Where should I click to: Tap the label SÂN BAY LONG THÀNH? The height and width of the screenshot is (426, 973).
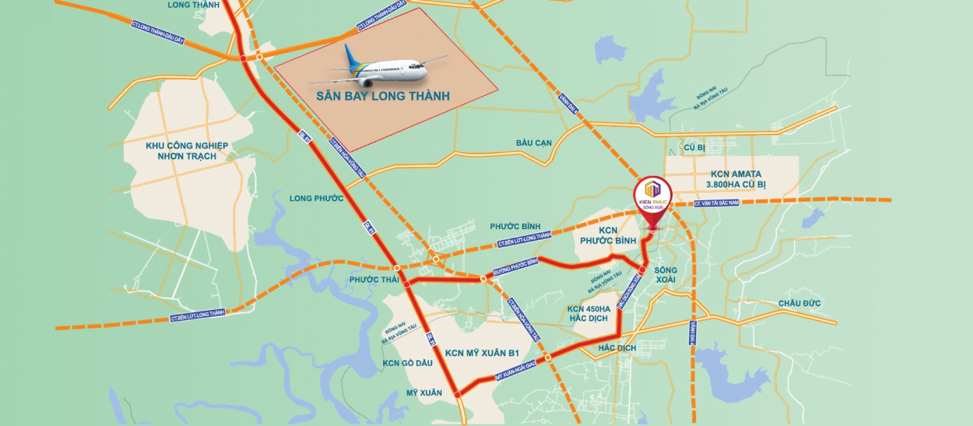coord(383,96)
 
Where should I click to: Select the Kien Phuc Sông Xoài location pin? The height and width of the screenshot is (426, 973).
coord(652,198)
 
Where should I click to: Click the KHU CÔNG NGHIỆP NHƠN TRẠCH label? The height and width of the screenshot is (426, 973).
coord(186,151)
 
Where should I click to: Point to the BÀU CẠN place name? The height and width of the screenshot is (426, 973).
coord(534,143)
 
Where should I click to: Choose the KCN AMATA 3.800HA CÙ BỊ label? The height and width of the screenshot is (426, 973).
coord(736,179)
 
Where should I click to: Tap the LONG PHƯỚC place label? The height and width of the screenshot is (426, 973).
coord(316,198)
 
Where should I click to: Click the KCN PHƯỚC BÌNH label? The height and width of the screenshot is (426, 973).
coord(608,236)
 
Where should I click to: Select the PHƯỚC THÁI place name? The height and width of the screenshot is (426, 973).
coord(374,279)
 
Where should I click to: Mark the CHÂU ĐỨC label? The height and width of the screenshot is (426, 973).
coord(799,303)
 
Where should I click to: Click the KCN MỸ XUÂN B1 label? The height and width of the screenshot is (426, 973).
coord(482,353)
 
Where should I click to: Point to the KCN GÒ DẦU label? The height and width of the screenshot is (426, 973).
coord(407,363)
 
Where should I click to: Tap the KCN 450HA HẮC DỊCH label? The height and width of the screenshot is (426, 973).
coord(588,313)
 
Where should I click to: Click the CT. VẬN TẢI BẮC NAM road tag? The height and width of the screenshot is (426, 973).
coord(716,203)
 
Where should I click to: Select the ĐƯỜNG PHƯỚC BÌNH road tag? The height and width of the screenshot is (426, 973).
coord(515,267)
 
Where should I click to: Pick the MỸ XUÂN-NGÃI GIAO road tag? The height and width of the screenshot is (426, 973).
coord(515,371)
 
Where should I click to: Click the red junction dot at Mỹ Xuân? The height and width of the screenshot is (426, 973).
coord(457,395)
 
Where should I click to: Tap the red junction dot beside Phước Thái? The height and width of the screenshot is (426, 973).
coord(406,285)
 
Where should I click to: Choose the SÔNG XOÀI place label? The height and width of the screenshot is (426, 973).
coord(665,275)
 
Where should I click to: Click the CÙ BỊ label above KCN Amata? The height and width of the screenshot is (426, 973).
coord(694,148)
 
